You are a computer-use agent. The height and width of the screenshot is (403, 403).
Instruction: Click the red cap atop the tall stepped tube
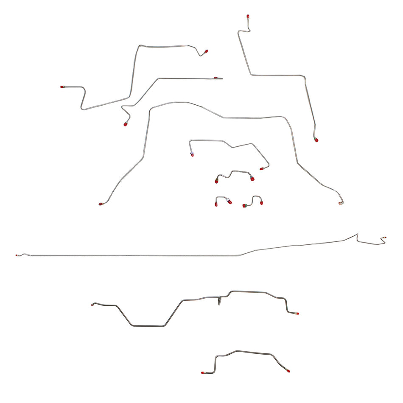[x=248, y=17]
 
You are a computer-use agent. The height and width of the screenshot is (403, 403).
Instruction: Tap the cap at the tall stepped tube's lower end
[x=316, y=140]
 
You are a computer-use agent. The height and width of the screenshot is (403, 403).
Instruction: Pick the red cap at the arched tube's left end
[x=101, y=204]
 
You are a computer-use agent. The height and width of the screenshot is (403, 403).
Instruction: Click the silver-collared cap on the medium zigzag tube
[x=192, y=154]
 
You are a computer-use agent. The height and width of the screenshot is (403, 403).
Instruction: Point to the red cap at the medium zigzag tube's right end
[x=262, y=169]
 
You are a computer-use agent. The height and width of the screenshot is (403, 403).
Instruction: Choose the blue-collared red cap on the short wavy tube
[x=252, y=179]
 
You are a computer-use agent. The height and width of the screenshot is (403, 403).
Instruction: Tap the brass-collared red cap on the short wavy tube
[x=216, y=181]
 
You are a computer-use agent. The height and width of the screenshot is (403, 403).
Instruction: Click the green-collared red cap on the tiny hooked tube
[x=245, y=206]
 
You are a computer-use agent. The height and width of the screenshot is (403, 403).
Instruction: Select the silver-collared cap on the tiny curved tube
[x=229, y=201]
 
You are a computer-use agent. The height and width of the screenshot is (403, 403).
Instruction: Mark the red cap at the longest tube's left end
[x=17, y=255]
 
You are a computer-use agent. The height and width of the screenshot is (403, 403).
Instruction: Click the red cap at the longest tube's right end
[x=384, y=238]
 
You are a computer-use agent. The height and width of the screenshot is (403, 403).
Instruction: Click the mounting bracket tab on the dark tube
[x=220, y=301]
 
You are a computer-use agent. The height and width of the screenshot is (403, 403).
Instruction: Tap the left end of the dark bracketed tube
[x=93, y=304]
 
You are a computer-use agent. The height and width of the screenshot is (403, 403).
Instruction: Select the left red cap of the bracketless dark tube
[x=203, y=372]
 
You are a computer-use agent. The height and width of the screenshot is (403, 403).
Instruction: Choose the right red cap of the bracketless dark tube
[x=288, y=371]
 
